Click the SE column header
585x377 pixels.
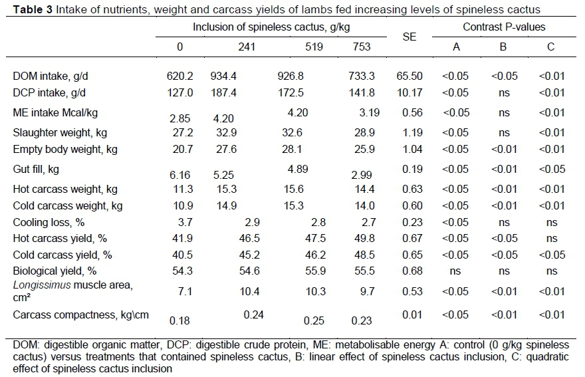tap(409, 37)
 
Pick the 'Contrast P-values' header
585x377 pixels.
tap(504, 27)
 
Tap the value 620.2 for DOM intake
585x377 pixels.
tap(179, 76)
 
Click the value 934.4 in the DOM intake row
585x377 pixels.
tap(223, 76)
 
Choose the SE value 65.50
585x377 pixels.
tap(412, 76)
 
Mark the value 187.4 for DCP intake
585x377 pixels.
tap(223, 92)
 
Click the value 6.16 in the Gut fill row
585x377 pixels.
tap(180, 176)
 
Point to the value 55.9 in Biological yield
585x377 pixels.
tap(315, 271)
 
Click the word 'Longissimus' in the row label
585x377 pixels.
tap(41, 286)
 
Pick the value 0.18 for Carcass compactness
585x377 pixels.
tap(179, 320)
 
